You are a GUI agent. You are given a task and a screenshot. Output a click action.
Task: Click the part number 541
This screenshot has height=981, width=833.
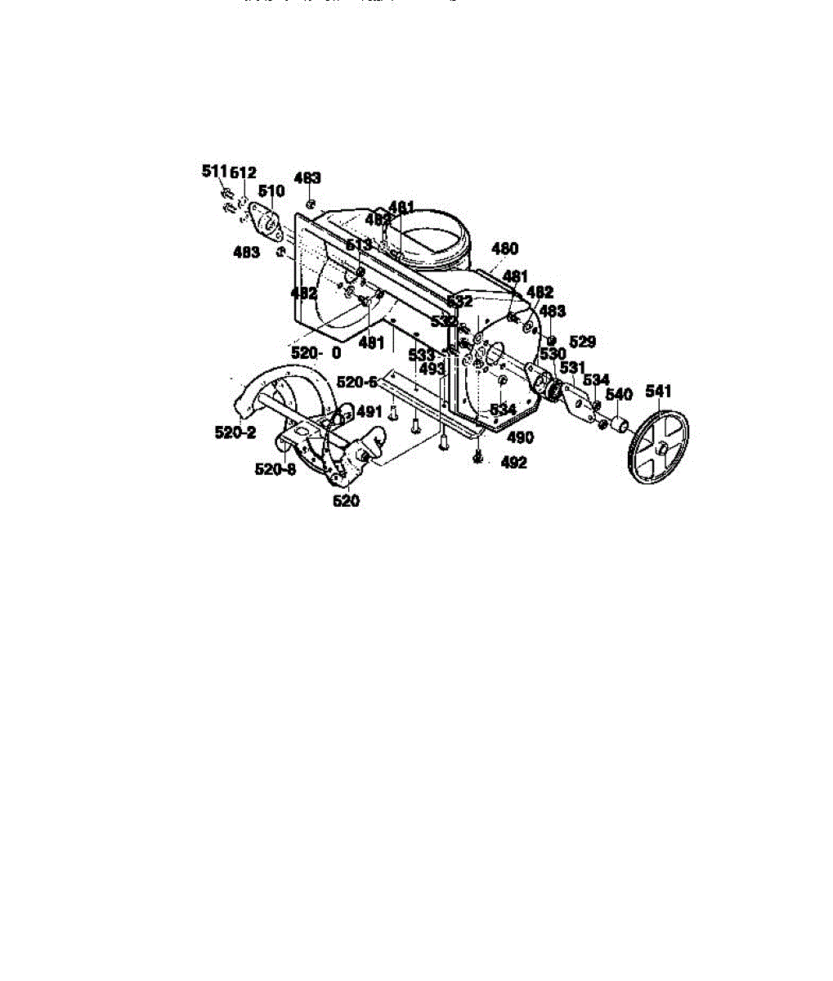point(658,392)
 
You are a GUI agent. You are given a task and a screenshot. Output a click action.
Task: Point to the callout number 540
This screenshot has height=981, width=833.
point(619,395)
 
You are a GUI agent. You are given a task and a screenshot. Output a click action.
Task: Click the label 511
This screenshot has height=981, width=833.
point(214,171)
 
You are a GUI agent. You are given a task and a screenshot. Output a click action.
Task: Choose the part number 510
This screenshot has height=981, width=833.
point(271,191)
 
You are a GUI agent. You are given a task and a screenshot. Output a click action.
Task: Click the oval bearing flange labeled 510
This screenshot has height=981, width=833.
point(266,221)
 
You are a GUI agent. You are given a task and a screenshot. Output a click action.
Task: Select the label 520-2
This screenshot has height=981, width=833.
point(235,433)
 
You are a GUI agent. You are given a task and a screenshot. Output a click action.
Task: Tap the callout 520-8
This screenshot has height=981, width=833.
point(275,469)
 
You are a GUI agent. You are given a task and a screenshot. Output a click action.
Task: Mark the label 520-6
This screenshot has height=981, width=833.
point(357,382)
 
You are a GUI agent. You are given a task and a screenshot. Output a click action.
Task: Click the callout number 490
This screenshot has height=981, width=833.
point(520,437)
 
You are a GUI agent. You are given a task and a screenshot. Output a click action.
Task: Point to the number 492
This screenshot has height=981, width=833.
point(513,463)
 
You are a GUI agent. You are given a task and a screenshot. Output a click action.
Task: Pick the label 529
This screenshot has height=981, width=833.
point(582,342)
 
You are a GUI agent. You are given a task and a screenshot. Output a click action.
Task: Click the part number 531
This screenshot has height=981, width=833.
point(571,368)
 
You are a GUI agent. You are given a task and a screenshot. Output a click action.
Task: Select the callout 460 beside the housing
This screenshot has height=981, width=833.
point(504,249)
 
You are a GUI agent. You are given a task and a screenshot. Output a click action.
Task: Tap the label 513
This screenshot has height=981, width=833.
point(358,245)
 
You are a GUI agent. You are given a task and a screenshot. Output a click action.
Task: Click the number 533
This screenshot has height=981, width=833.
point(422,355)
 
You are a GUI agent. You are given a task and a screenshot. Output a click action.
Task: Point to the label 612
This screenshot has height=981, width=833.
point(243,172)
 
